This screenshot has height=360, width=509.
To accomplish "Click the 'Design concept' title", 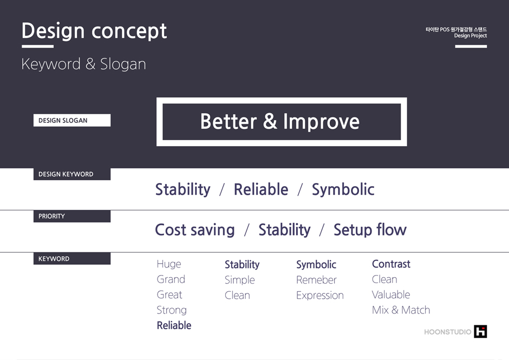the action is click(94, 31).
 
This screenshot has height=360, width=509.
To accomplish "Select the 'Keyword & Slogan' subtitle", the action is click(84, 64).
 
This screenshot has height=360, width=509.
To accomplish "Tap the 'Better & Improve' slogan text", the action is click(280, 121).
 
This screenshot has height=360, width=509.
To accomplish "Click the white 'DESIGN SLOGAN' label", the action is click(72, 120).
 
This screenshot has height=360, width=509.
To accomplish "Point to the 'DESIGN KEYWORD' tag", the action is click(72, 174).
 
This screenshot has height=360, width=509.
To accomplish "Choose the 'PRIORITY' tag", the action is click(72, 216).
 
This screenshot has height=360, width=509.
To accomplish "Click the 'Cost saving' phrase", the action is click(195, 230).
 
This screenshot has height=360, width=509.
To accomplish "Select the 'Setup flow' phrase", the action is click(370, 230).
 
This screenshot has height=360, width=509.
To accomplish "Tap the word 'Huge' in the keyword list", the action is click(169, 264).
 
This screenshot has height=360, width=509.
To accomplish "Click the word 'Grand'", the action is click(171, 279).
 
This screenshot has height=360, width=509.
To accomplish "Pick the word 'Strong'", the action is click(172, 310).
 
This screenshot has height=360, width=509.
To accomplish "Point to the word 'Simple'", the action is click(240, 280).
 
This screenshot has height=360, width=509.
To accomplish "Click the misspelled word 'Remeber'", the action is click(317, 280).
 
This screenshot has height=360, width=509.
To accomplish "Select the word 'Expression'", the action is click(320, 296).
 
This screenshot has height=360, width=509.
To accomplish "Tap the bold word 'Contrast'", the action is click(391, 264).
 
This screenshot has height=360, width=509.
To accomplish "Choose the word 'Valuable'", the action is click(391, 294).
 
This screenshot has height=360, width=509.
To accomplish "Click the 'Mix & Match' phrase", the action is click(401, 310).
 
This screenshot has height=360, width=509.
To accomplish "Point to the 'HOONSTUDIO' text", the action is click(448, 332).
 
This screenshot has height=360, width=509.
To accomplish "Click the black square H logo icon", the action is click(480, 331).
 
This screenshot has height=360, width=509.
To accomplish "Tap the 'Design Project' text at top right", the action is click(471, 36).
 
